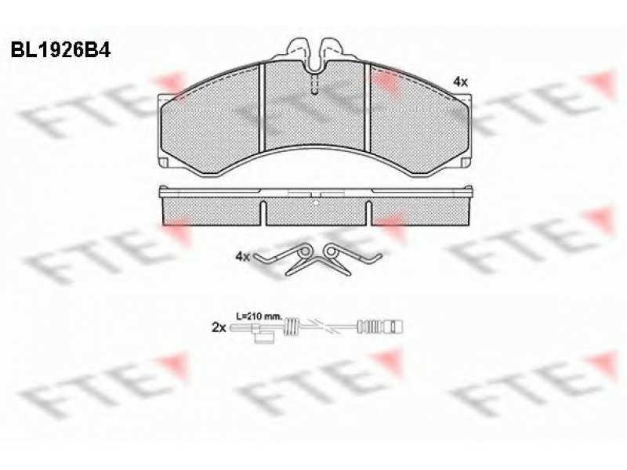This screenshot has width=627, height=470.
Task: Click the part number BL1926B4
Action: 60,50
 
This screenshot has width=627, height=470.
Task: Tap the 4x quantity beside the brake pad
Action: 460,82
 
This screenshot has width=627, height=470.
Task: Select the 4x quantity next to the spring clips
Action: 243,256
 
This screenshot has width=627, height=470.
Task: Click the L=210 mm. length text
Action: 259,316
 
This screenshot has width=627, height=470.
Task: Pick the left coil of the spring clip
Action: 305,251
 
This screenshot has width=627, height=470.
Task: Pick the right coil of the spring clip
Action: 331,251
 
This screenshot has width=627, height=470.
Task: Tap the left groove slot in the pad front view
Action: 263,108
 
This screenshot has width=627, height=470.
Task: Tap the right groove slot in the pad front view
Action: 368,108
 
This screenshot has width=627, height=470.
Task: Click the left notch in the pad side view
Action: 263,213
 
